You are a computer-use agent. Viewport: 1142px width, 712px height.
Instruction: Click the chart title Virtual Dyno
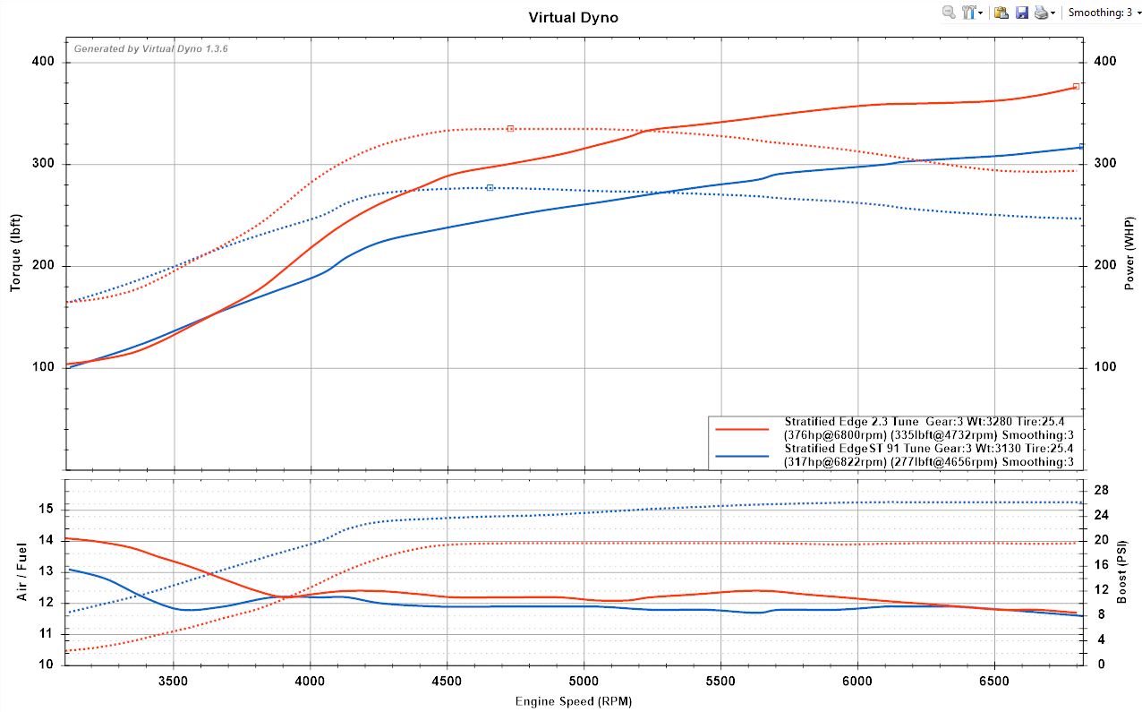click(573, 17)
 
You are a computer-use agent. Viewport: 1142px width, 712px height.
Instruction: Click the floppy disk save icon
click(1021, 13)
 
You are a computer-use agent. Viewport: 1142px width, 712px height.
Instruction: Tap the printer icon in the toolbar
click(1042, 13)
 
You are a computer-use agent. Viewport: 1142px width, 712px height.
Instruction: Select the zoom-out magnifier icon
click(949, 13)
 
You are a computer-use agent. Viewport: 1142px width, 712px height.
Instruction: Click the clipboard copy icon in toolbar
click(1001, 13)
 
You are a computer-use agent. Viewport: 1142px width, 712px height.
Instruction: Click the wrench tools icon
click(969, 13)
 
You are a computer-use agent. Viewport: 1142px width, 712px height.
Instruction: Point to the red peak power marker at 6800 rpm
click(1076, 87)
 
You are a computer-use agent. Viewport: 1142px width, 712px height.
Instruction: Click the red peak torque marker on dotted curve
click(510, 129)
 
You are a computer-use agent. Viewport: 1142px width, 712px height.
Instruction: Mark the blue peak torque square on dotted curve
click(490, 187)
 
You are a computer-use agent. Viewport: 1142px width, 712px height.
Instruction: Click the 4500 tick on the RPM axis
click(447, 680)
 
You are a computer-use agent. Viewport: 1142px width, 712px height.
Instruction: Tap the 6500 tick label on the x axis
click(994, 680)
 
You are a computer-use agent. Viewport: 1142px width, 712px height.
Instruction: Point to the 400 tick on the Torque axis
click(44, 62)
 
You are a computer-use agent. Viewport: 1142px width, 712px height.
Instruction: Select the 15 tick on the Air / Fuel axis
click(46, 509)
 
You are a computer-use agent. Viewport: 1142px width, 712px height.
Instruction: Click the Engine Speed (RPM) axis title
click(573, 700)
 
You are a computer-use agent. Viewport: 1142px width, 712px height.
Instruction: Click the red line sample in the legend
click(743, 429)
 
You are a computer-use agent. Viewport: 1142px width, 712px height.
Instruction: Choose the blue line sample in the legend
click(743, 456)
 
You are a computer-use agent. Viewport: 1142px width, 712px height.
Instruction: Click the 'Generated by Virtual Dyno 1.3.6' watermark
click(150, 49)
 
